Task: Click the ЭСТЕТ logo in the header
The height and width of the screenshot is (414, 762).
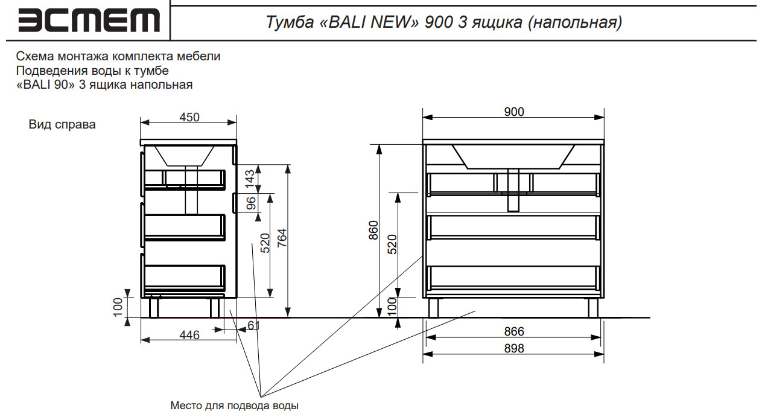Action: (89, 20)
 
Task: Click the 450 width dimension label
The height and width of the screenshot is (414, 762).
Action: (189, 117)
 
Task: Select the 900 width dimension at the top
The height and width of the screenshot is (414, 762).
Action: (514, 112)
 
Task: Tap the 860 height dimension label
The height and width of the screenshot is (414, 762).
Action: (373, 231)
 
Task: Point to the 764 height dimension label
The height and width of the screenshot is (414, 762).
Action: (282, 238)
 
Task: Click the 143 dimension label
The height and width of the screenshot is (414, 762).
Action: (250, 179)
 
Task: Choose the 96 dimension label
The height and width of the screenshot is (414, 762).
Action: (251, 203)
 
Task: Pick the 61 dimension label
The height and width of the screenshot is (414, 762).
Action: (253, 325)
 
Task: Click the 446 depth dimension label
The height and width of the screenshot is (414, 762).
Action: (189, 335)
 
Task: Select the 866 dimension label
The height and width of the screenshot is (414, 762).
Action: (514, 331)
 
